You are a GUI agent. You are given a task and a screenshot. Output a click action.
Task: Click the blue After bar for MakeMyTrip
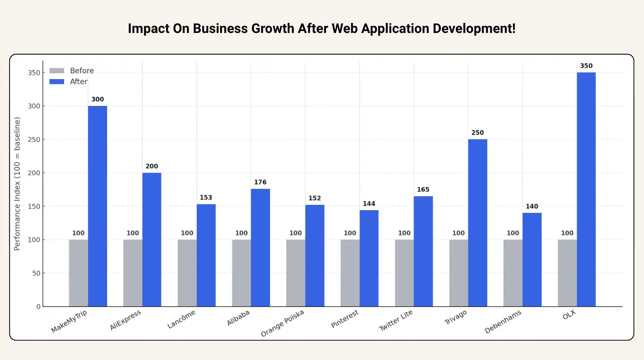pyautogui.click(x=97, y=206)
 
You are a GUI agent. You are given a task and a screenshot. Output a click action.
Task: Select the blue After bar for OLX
pyautogui.click(x=586, y=189)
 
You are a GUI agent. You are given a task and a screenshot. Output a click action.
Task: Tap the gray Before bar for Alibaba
pyautogui.click(x=241, y=273)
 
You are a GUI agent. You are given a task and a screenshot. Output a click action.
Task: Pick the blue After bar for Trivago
pyautogui.click(x=477, y=223)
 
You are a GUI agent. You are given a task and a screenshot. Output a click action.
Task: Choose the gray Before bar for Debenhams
pyautogui.click(x=513, y=273)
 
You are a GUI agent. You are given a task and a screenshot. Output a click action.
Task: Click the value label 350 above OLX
pyautogui.click(x=586, y=66)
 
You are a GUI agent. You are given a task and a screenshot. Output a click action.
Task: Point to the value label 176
pyautogui.click(x=260, y=182)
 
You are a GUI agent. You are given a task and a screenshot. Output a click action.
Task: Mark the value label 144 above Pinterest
pyautogui.click(x=369, y=204)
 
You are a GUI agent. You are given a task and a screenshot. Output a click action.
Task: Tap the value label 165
pyautogui.click(x=423, y=190)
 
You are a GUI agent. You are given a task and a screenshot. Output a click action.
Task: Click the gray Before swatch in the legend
pyautogui.click(x=57, y=71)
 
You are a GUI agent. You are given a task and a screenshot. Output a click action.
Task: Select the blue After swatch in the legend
pyautogui.click(x=57, y=82)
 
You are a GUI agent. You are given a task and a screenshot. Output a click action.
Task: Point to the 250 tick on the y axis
pyautogui.click(x=34, y=139)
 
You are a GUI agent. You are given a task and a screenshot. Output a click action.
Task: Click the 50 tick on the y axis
pyautogui.click(x=36, y=273)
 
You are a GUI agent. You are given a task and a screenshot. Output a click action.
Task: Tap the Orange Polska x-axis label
pyautogui.click(x=282, y=323)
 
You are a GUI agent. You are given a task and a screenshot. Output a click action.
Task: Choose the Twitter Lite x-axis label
pyautogui.click(x=395, y=320)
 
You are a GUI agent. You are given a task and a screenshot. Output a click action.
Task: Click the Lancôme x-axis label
pyautogui.click(x=181, y=319)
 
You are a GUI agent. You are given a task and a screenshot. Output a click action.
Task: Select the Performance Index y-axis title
pyautogui.click(x=17, y=184)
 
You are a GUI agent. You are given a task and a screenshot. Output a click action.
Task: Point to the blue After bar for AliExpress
pyautogui.click(x=151, y=240)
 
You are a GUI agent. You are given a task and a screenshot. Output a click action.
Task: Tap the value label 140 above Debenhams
pyautogui.click(x=532, y=207)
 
